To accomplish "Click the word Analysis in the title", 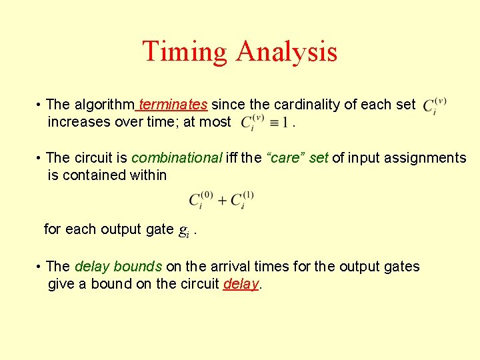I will pos(286,52).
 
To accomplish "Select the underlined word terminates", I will pos(173,105).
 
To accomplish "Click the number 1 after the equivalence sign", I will pos(285,123).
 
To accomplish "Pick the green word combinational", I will pos(177,158).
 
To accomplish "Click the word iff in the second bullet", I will pos(233,158).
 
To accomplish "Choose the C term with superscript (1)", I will pos(241,200).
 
